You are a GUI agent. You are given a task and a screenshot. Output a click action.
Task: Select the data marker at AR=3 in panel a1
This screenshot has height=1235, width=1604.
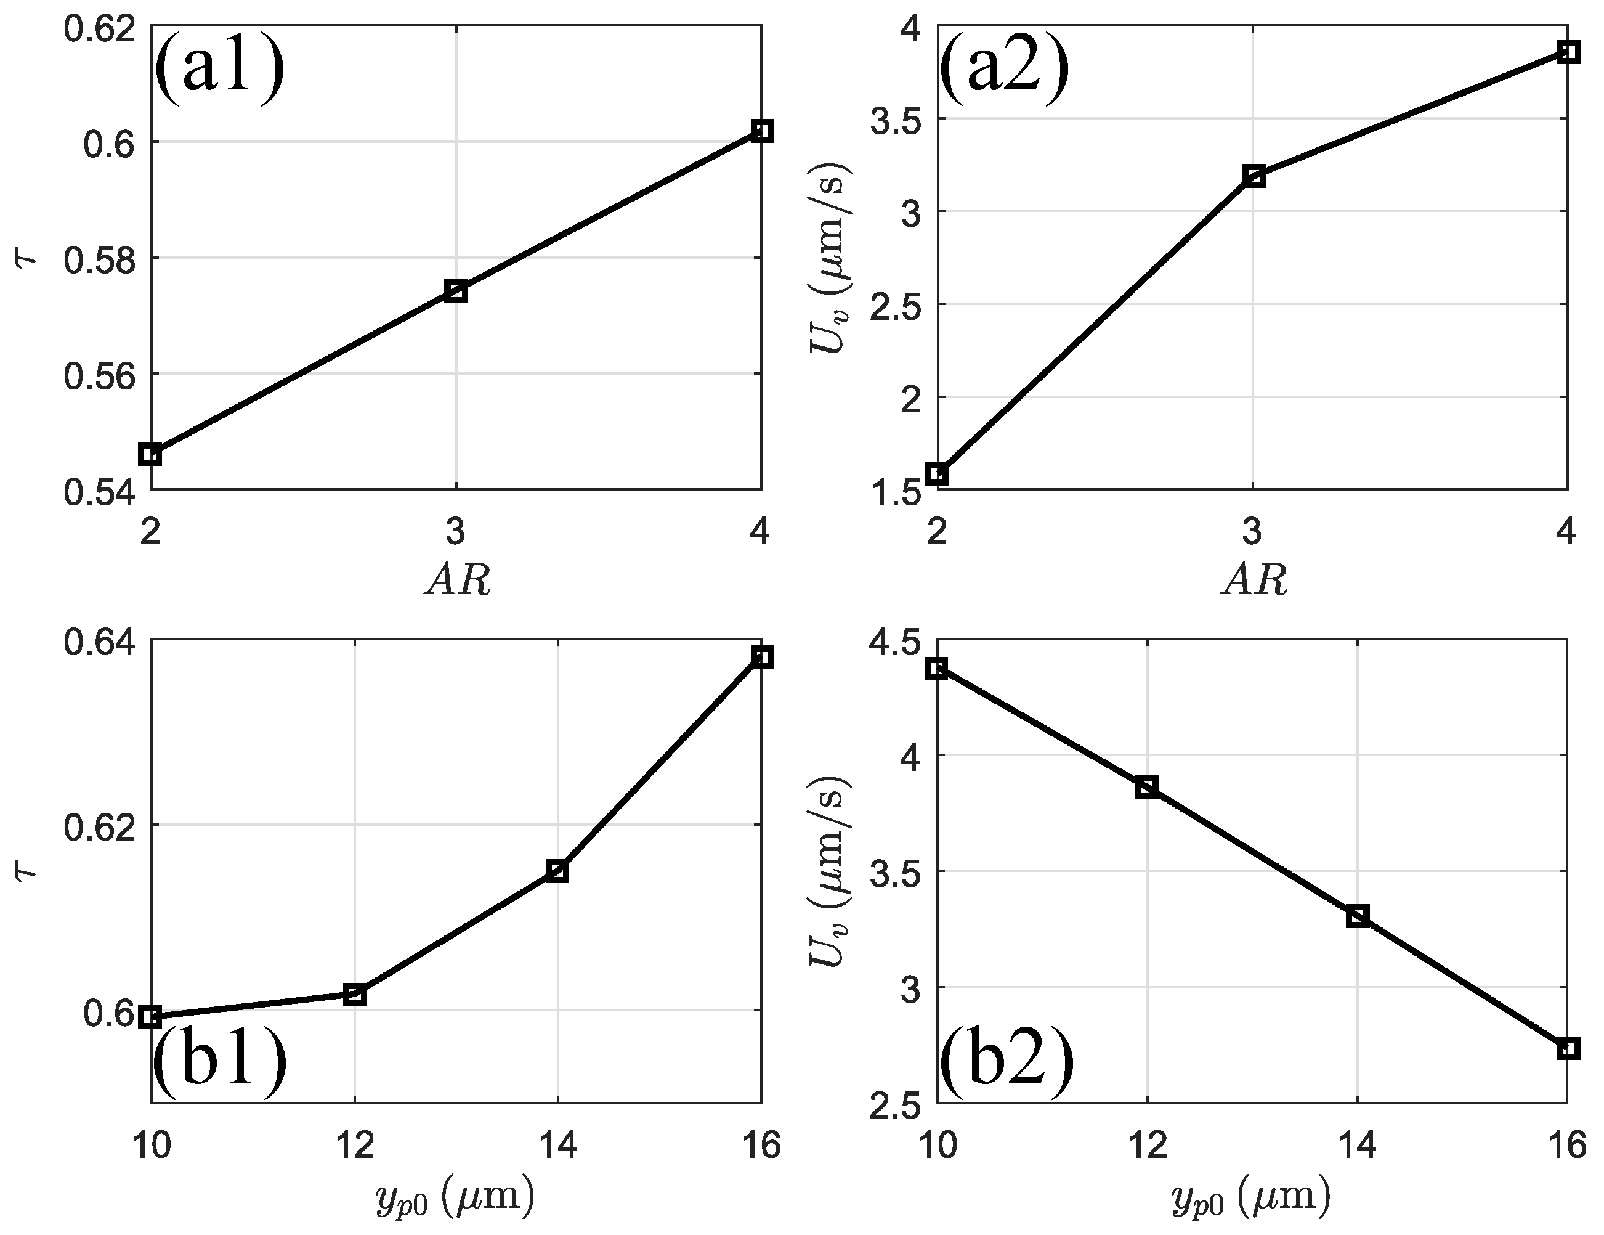pyautogui.click(x=456, y=291)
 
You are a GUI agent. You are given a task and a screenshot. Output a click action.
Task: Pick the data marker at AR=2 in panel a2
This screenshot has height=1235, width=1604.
pyautogui.click(x=937, y=474)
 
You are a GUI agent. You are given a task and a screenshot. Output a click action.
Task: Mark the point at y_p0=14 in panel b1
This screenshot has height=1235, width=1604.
pyautogui.click(x=557, y=871)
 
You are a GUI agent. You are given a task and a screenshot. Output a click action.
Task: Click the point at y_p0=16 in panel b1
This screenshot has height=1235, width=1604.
pyautogui.click(x=763, y=658)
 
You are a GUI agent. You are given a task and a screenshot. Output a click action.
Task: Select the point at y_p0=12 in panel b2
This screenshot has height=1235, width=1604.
pyautogui.click(x=1146, y=788)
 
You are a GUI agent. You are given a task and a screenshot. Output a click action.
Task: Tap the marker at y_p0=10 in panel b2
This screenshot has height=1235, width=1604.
pyautogui.click(x=937, y=668)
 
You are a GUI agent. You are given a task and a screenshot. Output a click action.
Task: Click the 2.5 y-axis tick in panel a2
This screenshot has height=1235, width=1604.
pyautogui.click(x=894, y=304)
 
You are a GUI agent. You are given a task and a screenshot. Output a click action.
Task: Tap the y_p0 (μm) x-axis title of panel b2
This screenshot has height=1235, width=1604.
pyautogui.click(x=1250, y=1196)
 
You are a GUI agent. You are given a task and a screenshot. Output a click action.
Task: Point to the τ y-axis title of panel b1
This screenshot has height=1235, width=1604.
pyautogui.click(x=27, y=872)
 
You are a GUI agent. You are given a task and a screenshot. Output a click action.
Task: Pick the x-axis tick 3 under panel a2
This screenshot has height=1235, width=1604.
pyautogui.click(x=1252, y=531)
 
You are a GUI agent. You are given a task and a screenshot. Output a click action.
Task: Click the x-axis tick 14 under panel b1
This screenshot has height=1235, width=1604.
pyautogui.click(x=557, y=1146)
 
